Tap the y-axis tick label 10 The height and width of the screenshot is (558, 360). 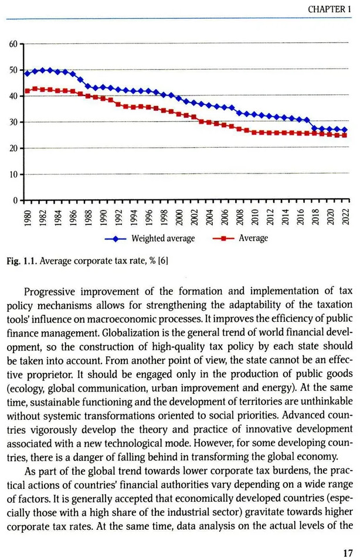point(13,175)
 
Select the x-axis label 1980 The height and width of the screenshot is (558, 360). point(27,217)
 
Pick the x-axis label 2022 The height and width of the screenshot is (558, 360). point(345,217)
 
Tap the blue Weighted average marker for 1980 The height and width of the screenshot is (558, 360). point(27,74)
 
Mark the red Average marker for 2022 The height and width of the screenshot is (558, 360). point(344,135)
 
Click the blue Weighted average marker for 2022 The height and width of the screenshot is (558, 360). point(344,130)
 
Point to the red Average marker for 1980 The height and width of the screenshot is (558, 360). point(27,91)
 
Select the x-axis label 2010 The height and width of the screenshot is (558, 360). point(255,217)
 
